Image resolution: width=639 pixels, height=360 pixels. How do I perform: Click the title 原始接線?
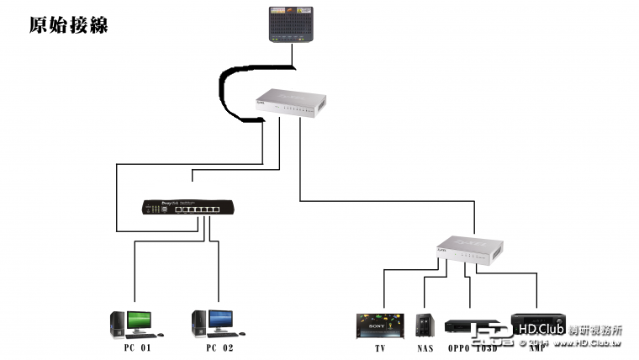pos(68,24)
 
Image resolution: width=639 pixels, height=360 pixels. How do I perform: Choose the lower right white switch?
pos(469,247)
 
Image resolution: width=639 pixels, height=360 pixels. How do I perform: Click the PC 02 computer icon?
pos(213,323)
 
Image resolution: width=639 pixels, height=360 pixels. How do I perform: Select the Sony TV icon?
pos(379,325)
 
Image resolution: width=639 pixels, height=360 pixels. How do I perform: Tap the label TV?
pos(380,347)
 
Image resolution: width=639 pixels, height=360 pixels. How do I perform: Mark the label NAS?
pos(425,347)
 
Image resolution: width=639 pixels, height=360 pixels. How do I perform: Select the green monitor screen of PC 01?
pos(139,319)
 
